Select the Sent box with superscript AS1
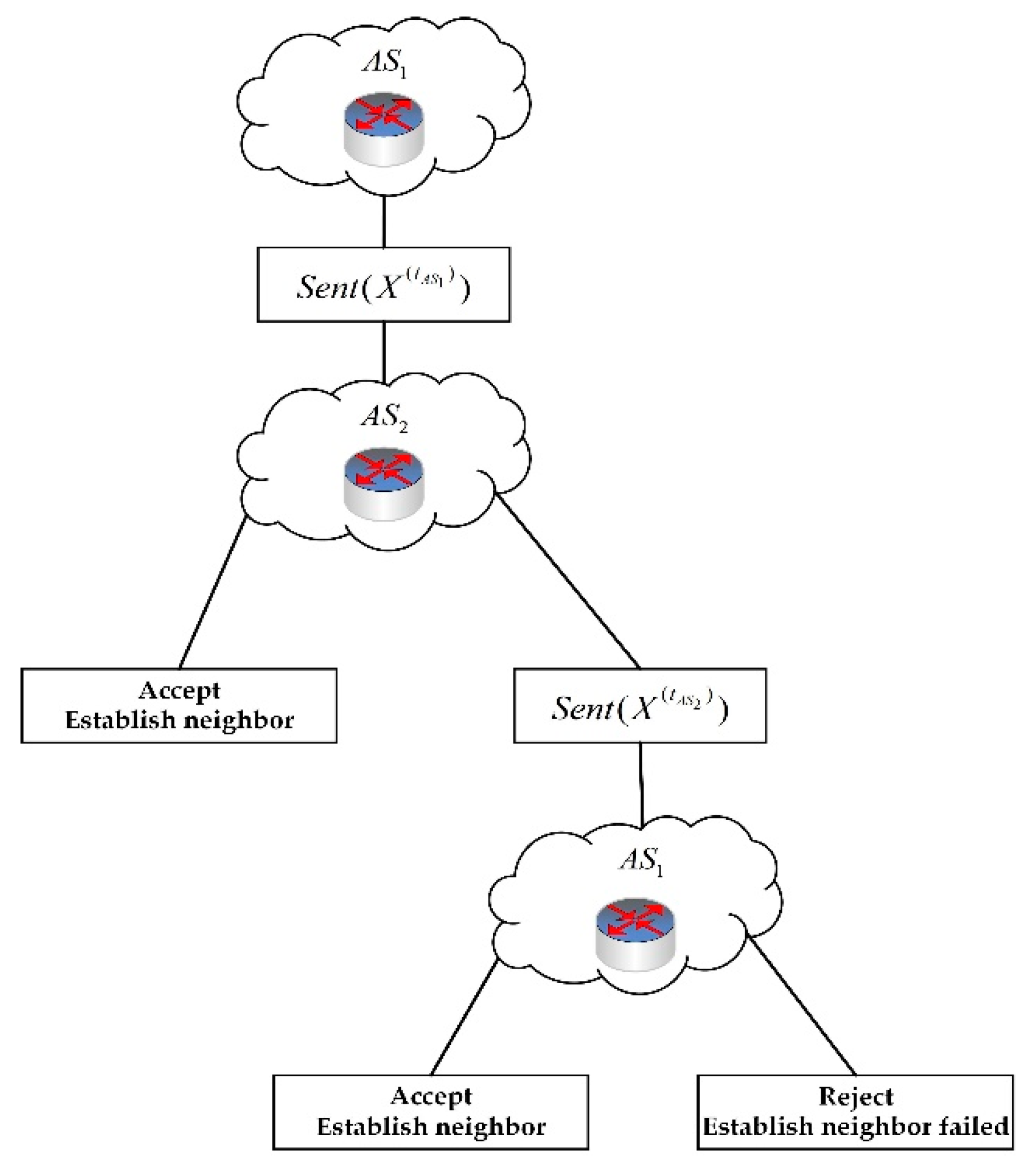pos(383,284)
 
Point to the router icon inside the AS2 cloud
pos(384,484)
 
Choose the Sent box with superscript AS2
pos(639,706)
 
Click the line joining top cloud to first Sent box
pos(384,222)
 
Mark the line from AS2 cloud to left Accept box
pos(213,592)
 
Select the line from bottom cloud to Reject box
pos(802,1006)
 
